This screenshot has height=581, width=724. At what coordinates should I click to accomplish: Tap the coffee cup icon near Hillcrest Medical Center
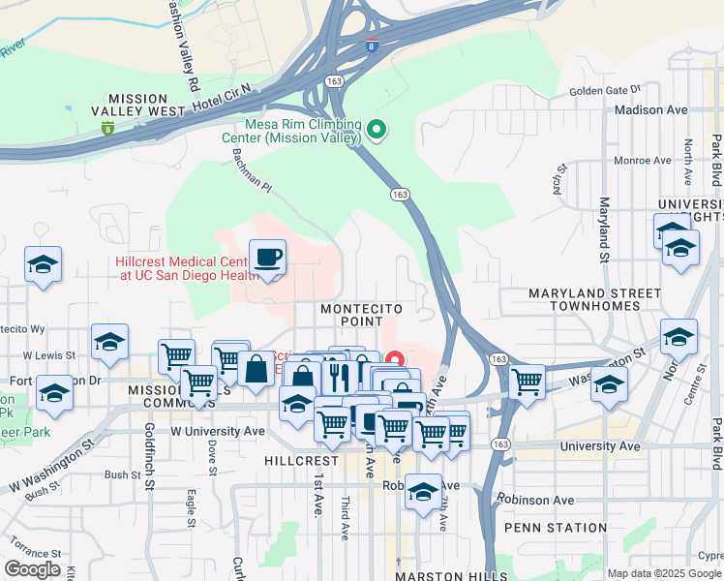tap(268, 258)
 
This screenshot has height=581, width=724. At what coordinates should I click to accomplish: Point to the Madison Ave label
tap(650, 110)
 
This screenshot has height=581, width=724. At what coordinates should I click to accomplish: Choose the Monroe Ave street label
tap(642, 161)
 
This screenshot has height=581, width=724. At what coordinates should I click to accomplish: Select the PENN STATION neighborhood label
tap(556, 529)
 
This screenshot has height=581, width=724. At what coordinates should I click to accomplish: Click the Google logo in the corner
tap(32, 569)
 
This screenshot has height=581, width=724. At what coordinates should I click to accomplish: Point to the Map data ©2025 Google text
tap(663, 573)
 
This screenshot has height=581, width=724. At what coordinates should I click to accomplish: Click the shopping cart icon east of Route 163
tap(528, 382)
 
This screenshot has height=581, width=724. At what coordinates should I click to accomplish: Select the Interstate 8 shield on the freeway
tap(373, 44)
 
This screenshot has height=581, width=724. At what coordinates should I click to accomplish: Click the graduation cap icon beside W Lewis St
tap(109, 342)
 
